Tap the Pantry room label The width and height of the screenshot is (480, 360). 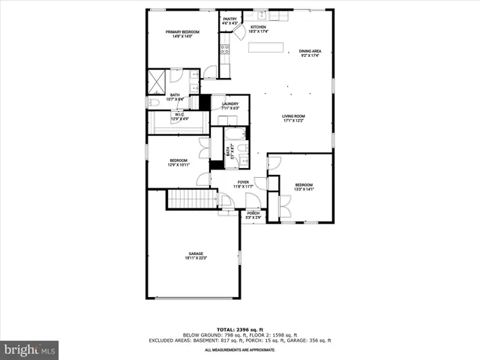tap(229, 22)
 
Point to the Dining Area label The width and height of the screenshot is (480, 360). tap(310, 53)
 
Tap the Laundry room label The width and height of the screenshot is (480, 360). tap(229, 106)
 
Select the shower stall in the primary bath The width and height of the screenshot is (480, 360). tap(157, 79)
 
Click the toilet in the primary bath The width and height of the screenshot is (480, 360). tap(151, 103)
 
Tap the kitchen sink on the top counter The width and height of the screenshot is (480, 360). tap(260, 14)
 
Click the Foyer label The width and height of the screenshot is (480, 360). tap(243, 184)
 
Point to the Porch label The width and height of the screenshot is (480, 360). tap(253, 214)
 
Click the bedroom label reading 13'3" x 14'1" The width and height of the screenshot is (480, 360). tap(304, 187)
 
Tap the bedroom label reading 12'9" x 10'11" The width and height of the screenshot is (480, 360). tap(178, 162)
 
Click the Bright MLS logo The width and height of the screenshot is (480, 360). tap(30, 349)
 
